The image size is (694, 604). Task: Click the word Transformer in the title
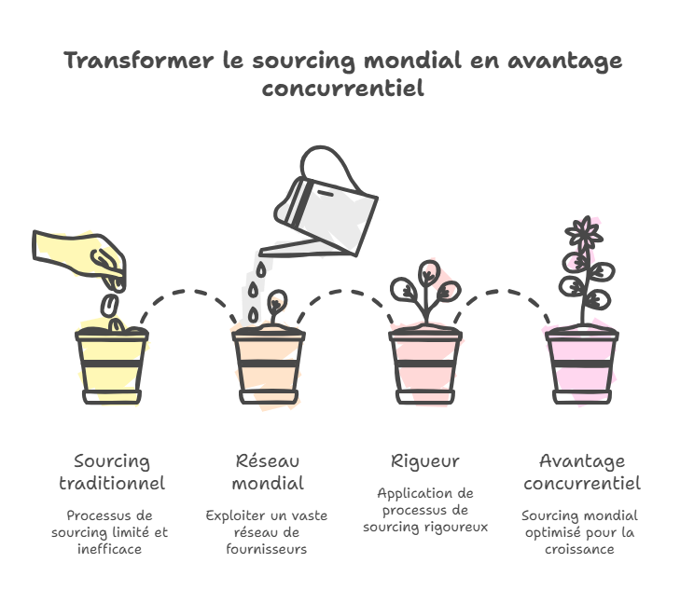(x=139, y=61)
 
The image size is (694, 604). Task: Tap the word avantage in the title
(x=564, y=61)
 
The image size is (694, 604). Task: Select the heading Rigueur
(x=425, y=461)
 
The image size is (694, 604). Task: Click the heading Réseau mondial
(x=268, y=473)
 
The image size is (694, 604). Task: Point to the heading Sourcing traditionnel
(x=112, y=473)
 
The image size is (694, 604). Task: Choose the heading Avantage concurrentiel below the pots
(x=582, y=473)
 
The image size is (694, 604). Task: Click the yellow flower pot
(x=112, y=365)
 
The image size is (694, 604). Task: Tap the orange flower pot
(x=269, y=365)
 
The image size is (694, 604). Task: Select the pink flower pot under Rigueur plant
(x=425, y=365)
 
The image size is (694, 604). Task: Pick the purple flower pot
(x=582, y=365)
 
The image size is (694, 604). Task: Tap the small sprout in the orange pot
(x=276, y=308)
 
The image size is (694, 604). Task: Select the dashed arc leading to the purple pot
(x=502, y=293)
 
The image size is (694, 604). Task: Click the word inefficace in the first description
(x=109, y=550)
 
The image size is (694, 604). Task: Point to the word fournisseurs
(x=267, y=550)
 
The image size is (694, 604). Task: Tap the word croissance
(x=579, y=550)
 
